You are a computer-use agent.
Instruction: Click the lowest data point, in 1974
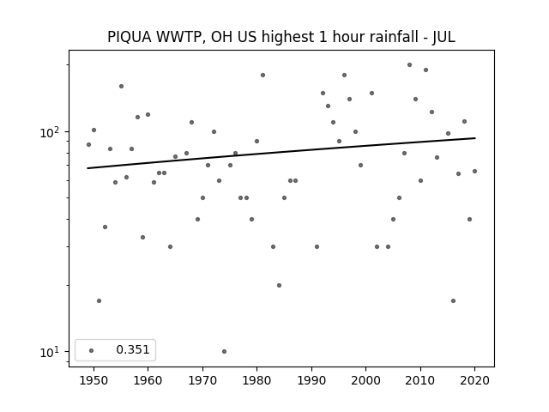coord(224,351)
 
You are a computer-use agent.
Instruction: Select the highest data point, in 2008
coord(410,65)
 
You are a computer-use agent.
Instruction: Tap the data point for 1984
coord(279,286)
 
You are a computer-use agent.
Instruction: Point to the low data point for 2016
coord(454,301)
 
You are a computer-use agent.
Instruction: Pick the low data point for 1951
coord(100,301)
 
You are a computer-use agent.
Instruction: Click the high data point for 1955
coord(121,86)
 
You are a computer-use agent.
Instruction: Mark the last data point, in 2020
coord(474,172)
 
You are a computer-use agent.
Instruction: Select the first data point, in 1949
coord(88,145)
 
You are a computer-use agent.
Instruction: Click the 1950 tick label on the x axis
coord(94,380)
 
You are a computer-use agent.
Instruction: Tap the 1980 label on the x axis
coord(257,380)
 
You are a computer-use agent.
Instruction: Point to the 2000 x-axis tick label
coord(366,380)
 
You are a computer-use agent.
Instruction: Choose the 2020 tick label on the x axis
coord(474,380)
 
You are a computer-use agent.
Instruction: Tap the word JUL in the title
coord(444,37)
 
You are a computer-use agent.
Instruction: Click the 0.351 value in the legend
coord(133,349)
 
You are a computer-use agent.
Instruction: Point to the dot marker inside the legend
coord(92,350)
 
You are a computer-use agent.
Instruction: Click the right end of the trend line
coord(475,138)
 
